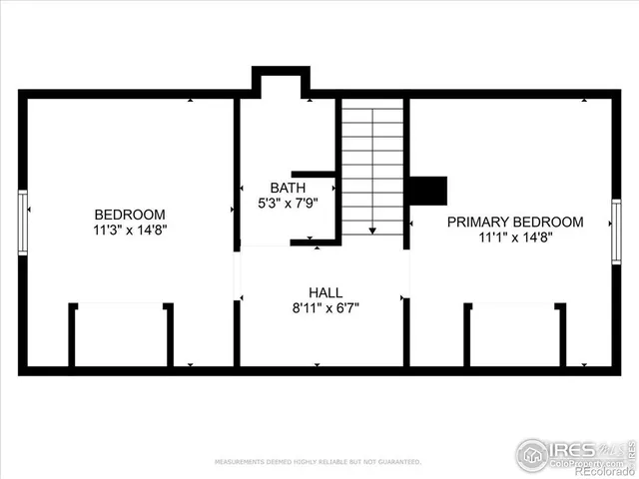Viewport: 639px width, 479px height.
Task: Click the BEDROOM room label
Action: [130, 215]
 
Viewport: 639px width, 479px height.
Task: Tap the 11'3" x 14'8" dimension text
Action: [130, 230]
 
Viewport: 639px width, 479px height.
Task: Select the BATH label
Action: [288, 188]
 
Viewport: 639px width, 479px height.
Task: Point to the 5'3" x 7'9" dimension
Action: [288, 203]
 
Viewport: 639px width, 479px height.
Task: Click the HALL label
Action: [325, 292]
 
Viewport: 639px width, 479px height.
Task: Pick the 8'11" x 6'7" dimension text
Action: [325, 307]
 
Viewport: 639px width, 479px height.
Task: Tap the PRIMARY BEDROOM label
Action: [514, 222]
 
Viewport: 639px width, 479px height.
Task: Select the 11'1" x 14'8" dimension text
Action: [514, 237]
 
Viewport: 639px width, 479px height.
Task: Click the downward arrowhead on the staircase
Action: [372, 231]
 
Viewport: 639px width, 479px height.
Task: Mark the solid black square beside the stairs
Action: [428, 190]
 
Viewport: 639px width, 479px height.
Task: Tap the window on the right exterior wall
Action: [616, 232]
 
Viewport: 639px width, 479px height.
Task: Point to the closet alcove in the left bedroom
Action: [121, 335]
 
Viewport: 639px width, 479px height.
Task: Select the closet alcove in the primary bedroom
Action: [515, 335]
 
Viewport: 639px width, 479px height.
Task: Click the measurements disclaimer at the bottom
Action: [319, 462]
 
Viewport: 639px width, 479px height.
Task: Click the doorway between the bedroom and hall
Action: [238, 274]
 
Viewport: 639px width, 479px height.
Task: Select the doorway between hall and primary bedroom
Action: [406, 273]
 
